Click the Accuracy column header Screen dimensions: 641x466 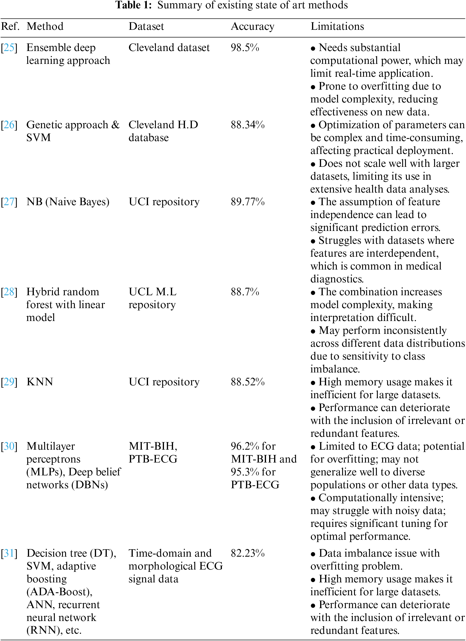coord(252,26)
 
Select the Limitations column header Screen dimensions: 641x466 coord(337,26)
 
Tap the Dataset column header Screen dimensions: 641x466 coord(146,26)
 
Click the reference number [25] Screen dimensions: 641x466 coord(9,47)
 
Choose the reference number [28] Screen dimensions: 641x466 coord(9,292)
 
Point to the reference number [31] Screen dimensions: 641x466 coord(9,553)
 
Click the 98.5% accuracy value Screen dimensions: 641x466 coord(245,47)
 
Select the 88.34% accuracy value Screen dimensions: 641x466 coord(248,125)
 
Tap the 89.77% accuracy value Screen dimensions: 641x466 coord(248,202)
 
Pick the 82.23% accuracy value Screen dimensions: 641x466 coord(248,553)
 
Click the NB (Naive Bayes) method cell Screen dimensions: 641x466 coord(68,202)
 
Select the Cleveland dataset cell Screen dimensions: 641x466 coord(169,47)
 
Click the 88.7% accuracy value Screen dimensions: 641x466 coord(245,292)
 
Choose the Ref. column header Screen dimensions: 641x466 coord(10,26)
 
